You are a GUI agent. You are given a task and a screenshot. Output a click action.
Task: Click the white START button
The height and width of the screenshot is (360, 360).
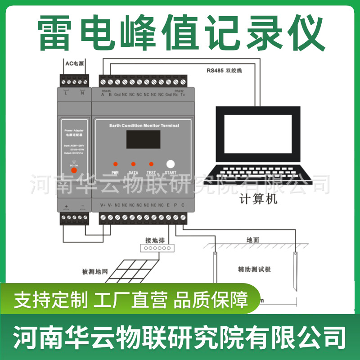point(170,164)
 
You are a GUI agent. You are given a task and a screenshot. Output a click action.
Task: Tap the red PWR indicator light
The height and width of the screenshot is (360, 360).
point(115,164)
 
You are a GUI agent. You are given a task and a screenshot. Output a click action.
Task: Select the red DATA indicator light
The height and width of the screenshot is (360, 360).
point(133,164)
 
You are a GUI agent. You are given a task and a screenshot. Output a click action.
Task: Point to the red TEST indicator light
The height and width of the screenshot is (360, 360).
point(151,164)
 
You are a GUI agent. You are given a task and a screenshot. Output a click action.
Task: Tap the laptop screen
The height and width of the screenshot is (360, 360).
point(257,134)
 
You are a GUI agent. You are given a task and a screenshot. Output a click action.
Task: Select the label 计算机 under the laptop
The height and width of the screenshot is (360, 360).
point(258,199)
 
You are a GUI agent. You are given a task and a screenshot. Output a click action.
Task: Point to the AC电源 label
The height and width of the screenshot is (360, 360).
point(75,63)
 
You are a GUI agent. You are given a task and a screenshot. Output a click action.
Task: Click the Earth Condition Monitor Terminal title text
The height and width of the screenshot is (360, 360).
point(144,126)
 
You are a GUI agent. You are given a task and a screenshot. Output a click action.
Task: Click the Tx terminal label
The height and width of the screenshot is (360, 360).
point(182,95)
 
